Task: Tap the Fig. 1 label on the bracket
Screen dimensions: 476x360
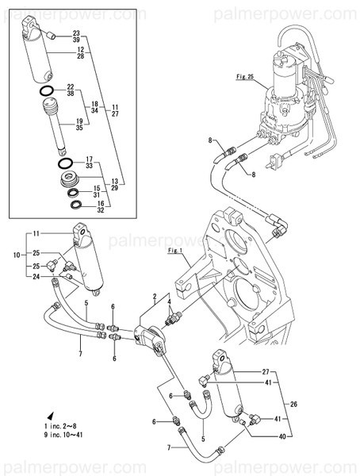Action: coord(175,251)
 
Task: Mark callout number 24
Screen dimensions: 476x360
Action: coord(36,276)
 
